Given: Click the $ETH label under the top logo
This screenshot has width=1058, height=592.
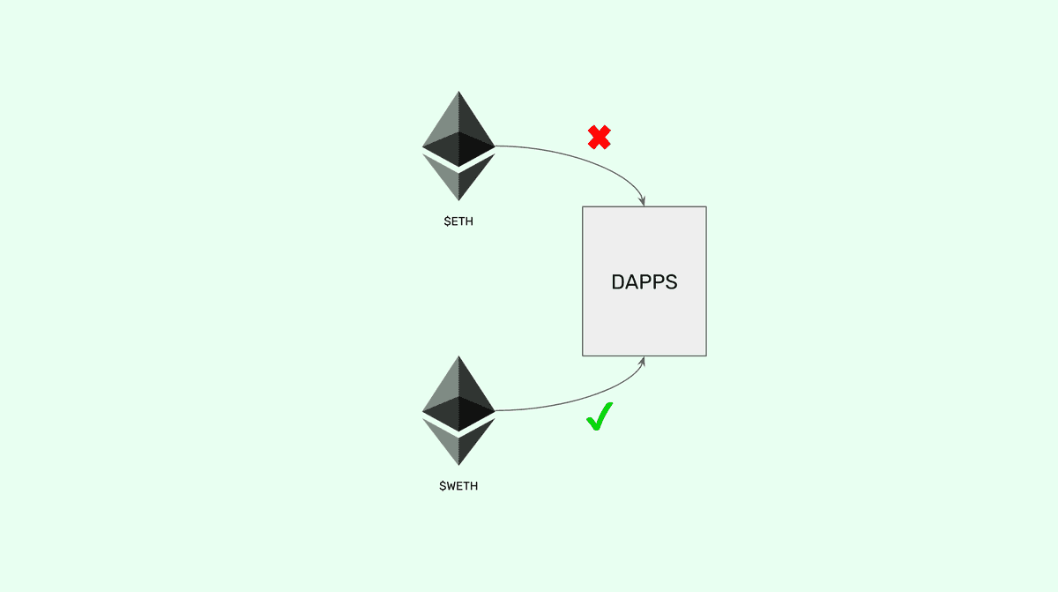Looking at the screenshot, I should [458, 221].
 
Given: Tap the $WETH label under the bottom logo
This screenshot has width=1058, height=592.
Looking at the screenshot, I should [458, 486].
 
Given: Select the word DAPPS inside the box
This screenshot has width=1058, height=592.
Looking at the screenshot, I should [644, 282].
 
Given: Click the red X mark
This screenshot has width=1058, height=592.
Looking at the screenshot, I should [600, 137].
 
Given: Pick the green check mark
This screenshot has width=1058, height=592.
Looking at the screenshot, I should [600, 416].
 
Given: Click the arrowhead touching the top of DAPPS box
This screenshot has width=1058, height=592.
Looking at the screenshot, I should [645, 202].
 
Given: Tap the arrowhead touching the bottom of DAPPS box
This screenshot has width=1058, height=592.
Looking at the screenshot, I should [645, 360].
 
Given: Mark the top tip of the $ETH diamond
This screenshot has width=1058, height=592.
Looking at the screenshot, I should [458, 91].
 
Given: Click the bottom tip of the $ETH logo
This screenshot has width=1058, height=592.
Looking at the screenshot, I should [458, 201].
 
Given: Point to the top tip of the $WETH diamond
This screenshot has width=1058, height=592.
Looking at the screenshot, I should [458, 356].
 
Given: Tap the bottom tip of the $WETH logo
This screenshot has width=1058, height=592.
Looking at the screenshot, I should [458, 466].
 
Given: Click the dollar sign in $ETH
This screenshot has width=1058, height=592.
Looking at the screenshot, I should [446, 221].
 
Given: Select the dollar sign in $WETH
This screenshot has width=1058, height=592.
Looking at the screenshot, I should [443, 486].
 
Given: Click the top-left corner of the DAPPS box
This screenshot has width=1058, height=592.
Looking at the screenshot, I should [583, 206].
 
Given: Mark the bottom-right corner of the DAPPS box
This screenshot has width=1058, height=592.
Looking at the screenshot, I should [706, 356].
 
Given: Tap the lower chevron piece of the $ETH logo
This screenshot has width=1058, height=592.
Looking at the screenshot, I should [458, 179].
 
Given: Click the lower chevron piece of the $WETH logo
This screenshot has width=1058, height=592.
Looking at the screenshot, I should [458, 444].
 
